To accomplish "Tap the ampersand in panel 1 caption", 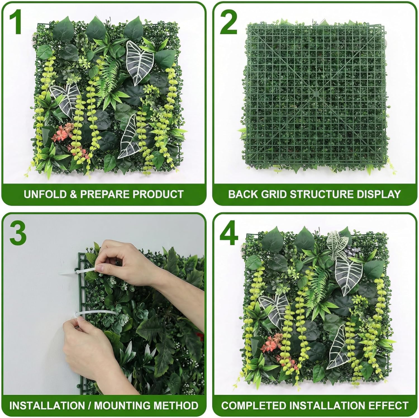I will [73, 194].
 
